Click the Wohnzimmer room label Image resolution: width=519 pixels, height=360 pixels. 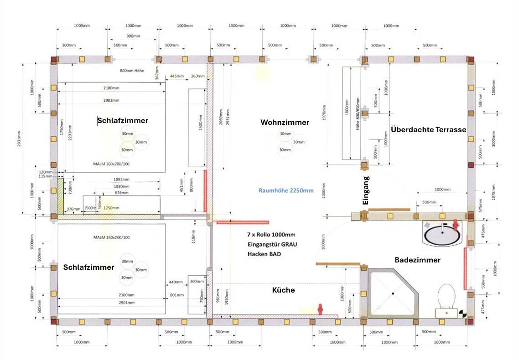285,122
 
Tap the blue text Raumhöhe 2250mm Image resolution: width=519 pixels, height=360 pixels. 286,190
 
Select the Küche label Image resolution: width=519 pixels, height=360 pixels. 283,290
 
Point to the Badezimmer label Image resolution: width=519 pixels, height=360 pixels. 417,260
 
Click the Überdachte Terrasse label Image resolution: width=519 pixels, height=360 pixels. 428,129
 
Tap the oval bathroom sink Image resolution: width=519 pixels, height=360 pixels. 442,235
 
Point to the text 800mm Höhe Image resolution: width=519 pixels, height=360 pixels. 133,71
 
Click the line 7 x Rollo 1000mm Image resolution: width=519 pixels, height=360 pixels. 271,235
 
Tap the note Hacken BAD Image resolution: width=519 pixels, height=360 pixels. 264,254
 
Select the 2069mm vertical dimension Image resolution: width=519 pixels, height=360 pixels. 221,119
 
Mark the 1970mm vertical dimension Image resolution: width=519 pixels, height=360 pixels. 324,111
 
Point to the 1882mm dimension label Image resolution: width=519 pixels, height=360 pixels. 121,180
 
